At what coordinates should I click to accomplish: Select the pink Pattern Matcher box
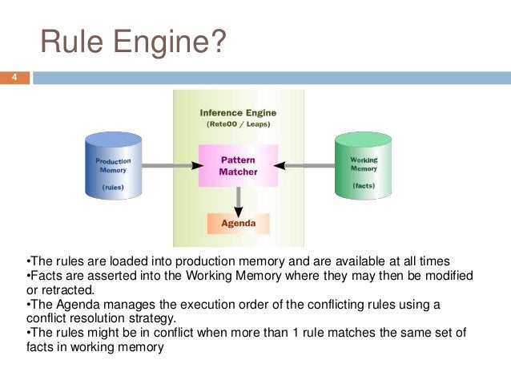(237, 165)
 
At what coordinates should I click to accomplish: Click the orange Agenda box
(237, 224)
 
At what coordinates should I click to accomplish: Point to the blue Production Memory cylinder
(114, 167)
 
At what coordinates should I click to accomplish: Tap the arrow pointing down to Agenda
(238, 198)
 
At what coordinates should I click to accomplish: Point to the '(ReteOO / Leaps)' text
(237, 124)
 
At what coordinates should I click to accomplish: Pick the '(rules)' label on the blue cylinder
(113, 187)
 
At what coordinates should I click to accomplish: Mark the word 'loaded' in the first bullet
(124, 261)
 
